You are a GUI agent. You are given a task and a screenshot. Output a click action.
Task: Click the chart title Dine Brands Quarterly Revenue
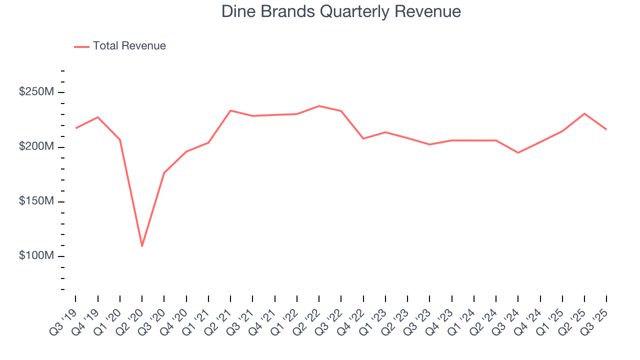coord(341,11)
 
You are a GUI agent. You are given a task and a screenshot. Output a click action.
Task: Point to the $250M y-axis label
coord(37,92)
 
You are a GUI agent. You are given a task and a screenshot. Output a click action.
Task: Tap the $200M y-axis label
coord(37,147)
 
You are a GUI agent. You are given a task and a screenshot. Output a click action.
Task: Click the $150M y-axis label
coord(37,201)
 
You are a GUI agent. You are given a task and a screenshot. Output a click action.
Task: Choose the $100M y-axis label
coord(37,256)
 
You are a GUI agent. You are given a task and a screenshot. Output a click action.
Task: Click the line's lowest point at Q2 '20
coord(142,246)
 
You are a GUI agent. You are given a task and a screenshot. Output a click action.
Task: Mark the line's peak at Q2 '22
coord(319,106)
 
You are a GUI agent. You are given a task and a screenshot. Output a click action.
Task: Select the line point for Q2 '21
coord(230,110)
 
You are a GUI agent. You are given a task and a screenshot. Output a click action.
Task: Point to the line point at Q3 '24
coord(518,152)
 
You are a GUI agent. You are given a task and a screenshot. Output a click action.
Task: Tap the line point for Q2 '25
coord(584,113)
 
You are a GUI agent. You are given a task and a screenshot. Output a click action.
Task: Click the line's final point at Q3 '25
coord(606,129)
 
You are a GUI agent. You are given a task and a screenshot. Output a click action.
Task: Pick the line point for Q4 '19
coord(97,117)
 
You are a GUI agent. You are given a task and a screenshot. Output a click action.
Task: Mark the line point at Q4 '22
coord(363,138)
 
